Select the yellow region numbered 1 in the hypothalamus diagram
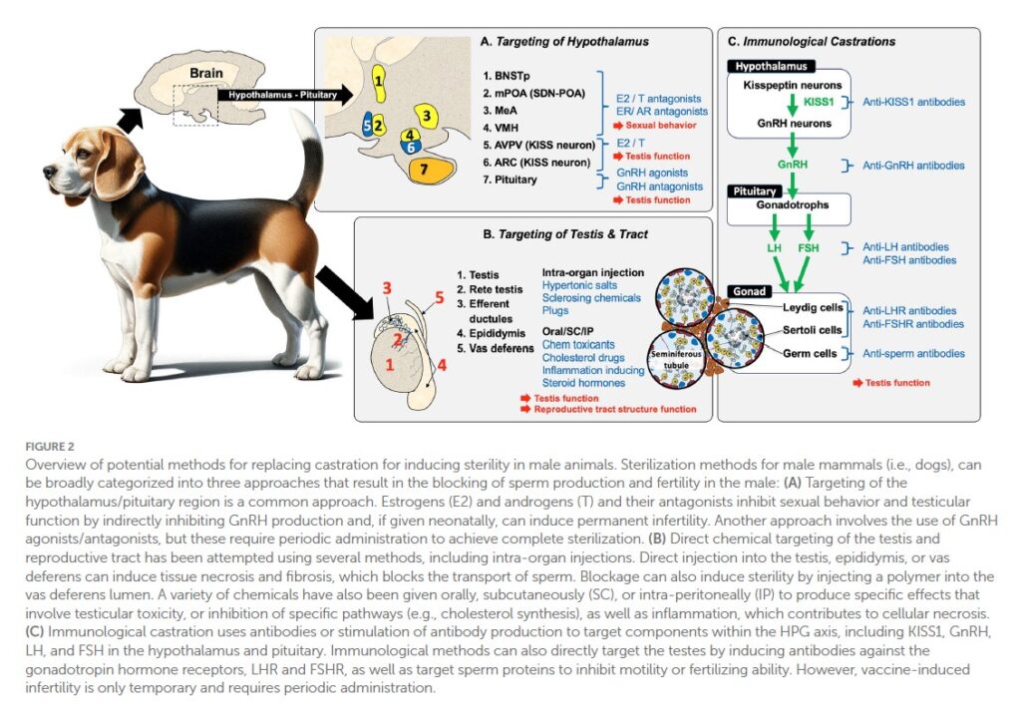379,77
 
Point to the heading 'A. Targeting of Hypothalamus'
563,42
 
